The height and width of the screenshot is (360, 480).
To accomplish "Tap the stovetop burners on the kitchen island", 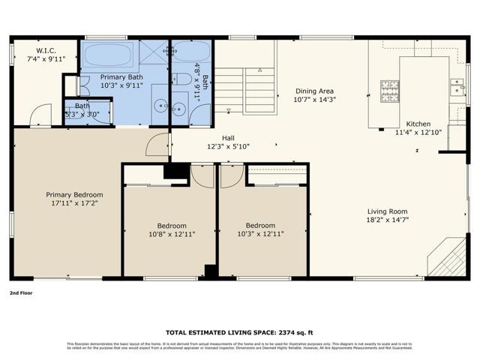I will pyautogui.click(x=389, y=91).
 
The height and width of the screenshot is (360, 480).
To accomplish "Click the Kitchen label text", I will pyautogui.click(x=418, y=124).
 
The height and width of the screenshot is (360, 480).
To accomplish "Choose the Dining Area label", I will pyautogui.click(x=315, y=90).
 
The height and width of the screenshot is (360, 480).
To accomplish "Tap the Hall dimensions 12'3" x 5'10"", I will pyautogui.click(x=229, y=146).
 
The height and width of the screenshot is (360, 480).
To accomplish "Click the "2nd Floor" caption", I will pyautogui.click(x=22, y=293).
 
